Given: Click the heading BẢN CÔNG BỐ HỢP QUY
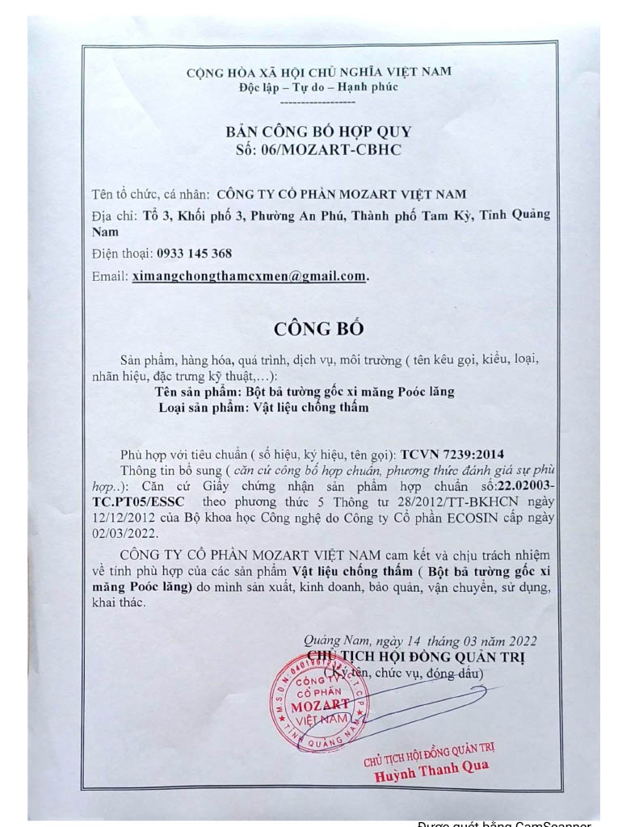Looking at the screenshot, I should point(318,132).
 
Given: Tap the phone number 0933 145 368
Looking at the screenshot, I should point(194,254).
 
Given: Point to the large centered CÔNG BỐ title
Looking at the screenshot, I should point(319,329).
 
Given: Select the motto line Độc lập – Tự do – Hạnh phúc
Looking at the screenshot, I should point(318,87).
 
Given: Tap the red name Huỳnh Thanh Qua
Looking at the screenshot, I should point(431,771).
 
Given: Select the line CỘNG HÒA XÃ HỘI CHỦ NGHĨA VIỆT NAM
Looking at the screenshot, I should point(318,72).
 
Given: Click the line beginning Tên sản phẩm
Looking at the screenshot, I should point(305,392).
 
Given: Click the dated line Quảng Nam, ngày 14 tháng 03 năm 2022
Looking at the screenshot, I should point(421,642).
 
